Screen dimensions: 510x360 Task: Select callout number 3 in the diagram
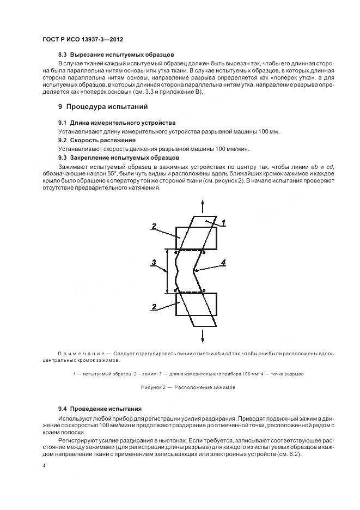click(155, 263)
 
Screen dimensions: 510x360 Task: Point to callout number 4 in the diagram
click(223, 263)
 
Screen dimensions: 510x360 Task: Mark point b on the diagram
click(203, 252)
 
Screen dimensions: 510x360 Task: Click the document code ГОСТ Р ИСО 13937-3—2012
click(79, 40)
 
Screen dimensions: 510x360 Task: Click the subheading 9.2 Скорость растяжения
click(97, 140)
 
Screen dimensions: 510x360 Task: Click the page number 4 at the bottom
click(44, 466)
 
